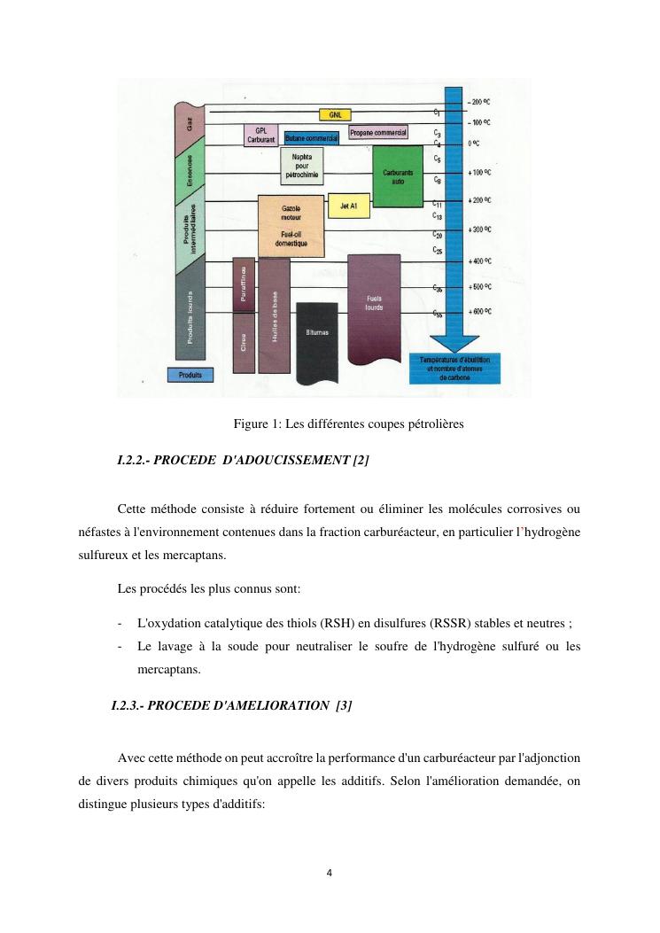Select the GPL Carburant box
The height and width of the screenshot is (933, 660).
click(x=260, y=135)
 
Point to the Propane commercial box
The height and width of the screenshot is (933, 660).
click(x=378, y=132)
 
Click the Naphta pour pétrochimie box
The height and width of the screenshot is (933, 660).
click(x=301, y=166)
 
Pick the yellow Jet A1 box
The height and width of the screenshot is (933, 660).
click(x=348, y=206)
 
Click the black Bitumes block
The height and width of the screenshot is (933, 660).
click(x=318, y=337)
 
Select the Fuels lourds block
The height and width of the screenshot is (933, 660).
click(x=374, y=306)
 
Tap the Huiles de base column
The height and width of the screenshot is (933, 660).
click(x=276, y=315)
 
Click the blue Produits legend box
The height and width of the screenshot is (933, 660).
click(x=190, y=376)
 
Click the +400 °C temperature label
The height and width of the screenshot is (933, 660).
click(x=480, y=261)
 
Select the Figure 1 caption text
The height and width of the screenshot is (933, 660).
click(x=348, y=424)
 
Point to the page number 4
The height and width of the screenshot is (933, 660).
click(x=330, y=874)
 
